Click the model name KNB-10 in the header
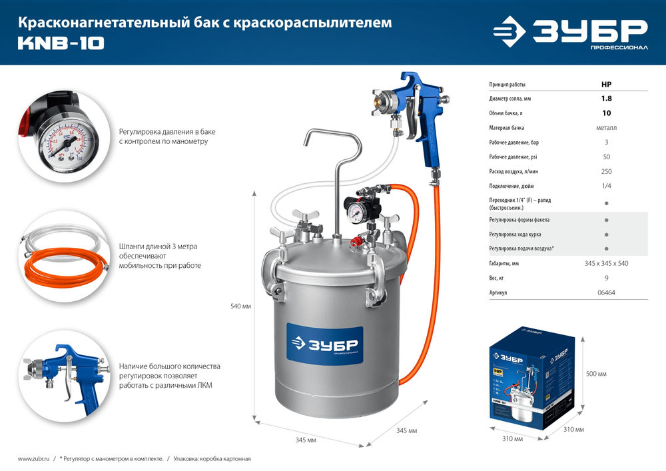point(61,45)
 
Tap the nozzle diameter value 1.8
point(606,99)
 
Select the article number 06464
point(606,292)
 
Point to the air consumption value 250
point(606,172)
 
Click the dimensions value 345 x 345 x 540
point(606,263)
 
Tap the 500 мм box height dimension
point(597,374)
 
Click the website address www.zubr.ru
point(35,459)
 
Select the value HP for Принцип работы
point(606,85)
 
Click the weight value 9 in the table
point(606,278)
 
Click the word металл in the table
point(606,128)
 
